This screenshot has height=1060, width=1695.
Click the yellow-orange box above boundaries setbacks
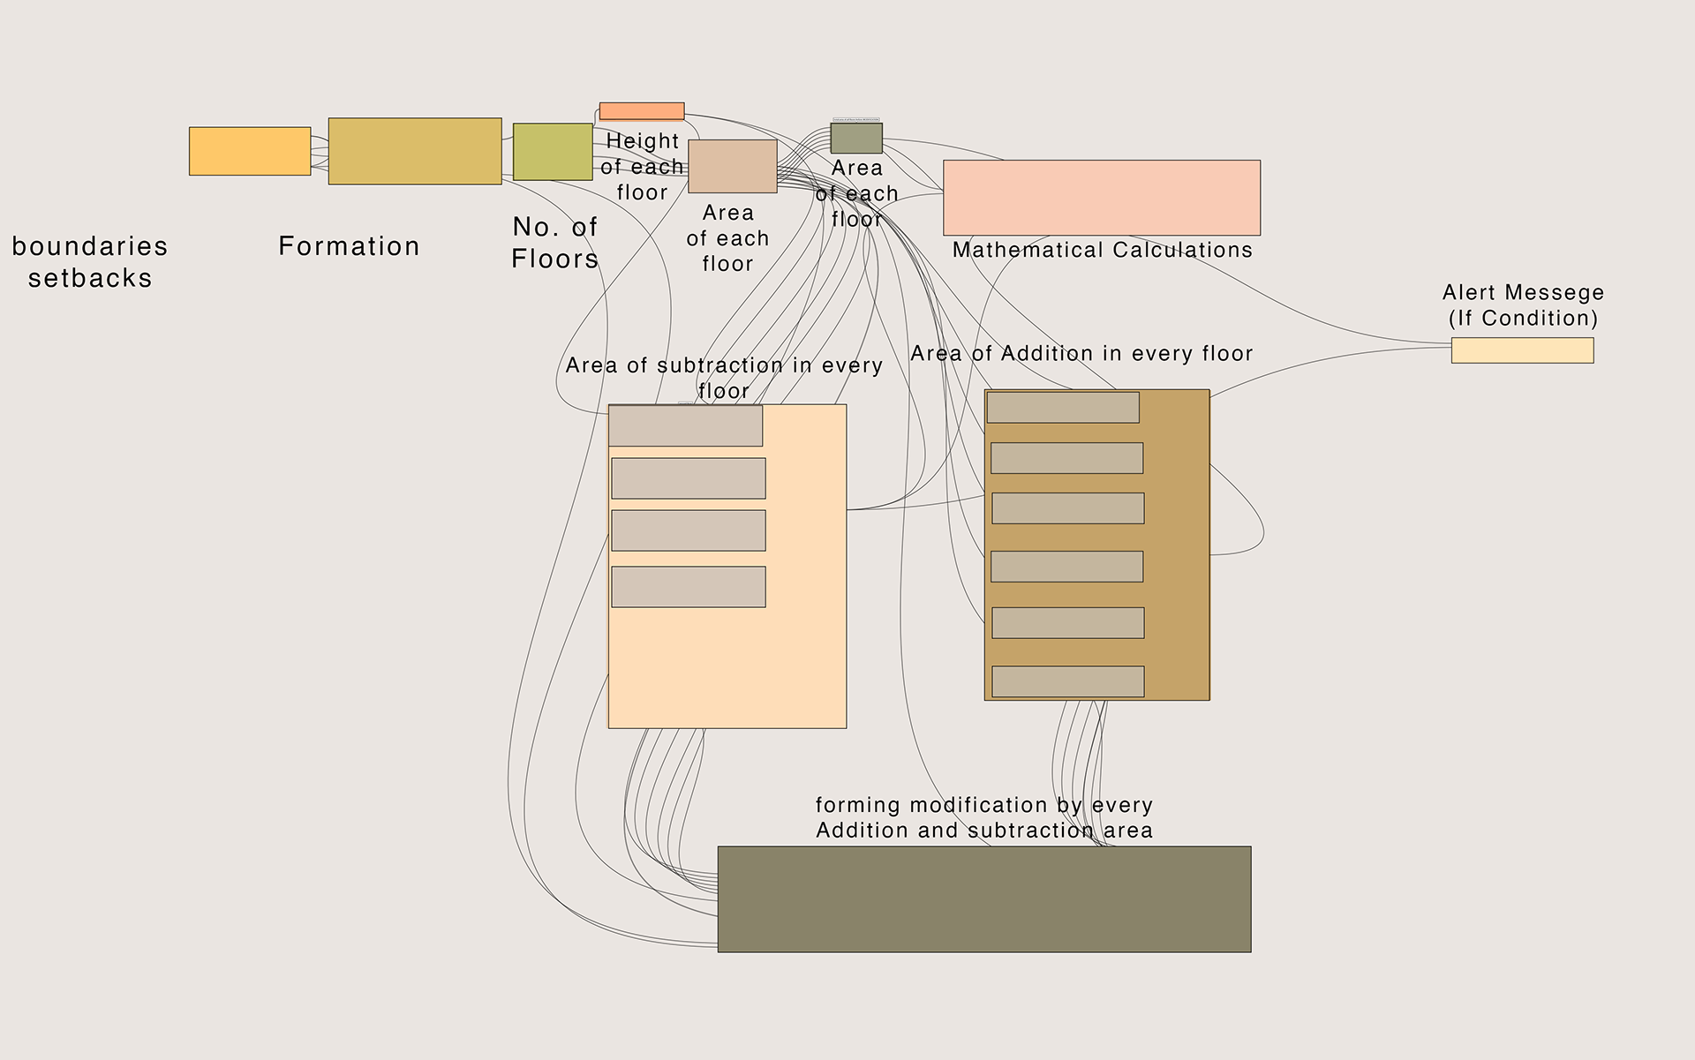tap(250, 151)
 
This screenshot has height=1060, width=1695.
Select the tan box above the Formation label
tap(415, 151)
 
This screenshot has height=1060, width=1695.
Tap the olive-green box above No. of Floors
tap(553, 152)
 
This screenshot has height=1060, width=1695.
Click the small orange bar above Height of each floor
tap(642, 111)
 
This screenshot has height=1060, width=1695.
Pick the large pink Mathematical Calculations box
tap(1102, 198)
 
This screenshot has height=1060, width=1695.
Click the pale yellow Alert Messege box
tap(1522, 350)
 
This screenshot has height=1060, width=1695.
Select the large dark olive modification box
tap(984, 898)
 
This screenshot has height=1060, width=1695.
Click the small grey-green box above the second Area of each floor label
tap(856, 139)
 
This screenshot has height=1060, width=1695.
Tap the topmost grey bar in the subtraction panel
tap(686, 425)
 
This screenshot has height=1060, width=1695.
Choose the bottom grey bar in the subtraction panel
tap(689, 587)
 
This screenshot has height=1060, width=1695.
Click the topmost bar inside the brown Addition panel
tap(1063, 408)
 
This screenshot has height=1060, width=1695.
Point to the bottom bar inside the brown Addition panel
tap(1068, 681)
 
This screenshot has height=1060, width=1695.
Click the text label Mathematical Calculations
tap(1103, 251)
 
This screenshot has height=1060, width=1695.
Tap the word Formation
tap(350, 246)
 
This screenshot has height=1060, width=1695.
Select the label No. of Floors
tap(555, 243)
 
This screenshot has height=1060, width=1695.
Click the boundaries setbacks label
tap(90, 262)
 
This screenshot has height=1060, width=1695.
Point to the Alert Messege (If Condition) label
tap(1523, 305)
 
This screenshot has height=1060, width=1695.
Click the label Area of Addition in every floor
tap(1081, 354)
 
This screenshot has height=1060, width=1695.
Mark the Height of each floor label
tap(642, 167)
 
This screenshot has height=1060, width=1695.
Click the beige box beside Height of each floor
tap(733, 166)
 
